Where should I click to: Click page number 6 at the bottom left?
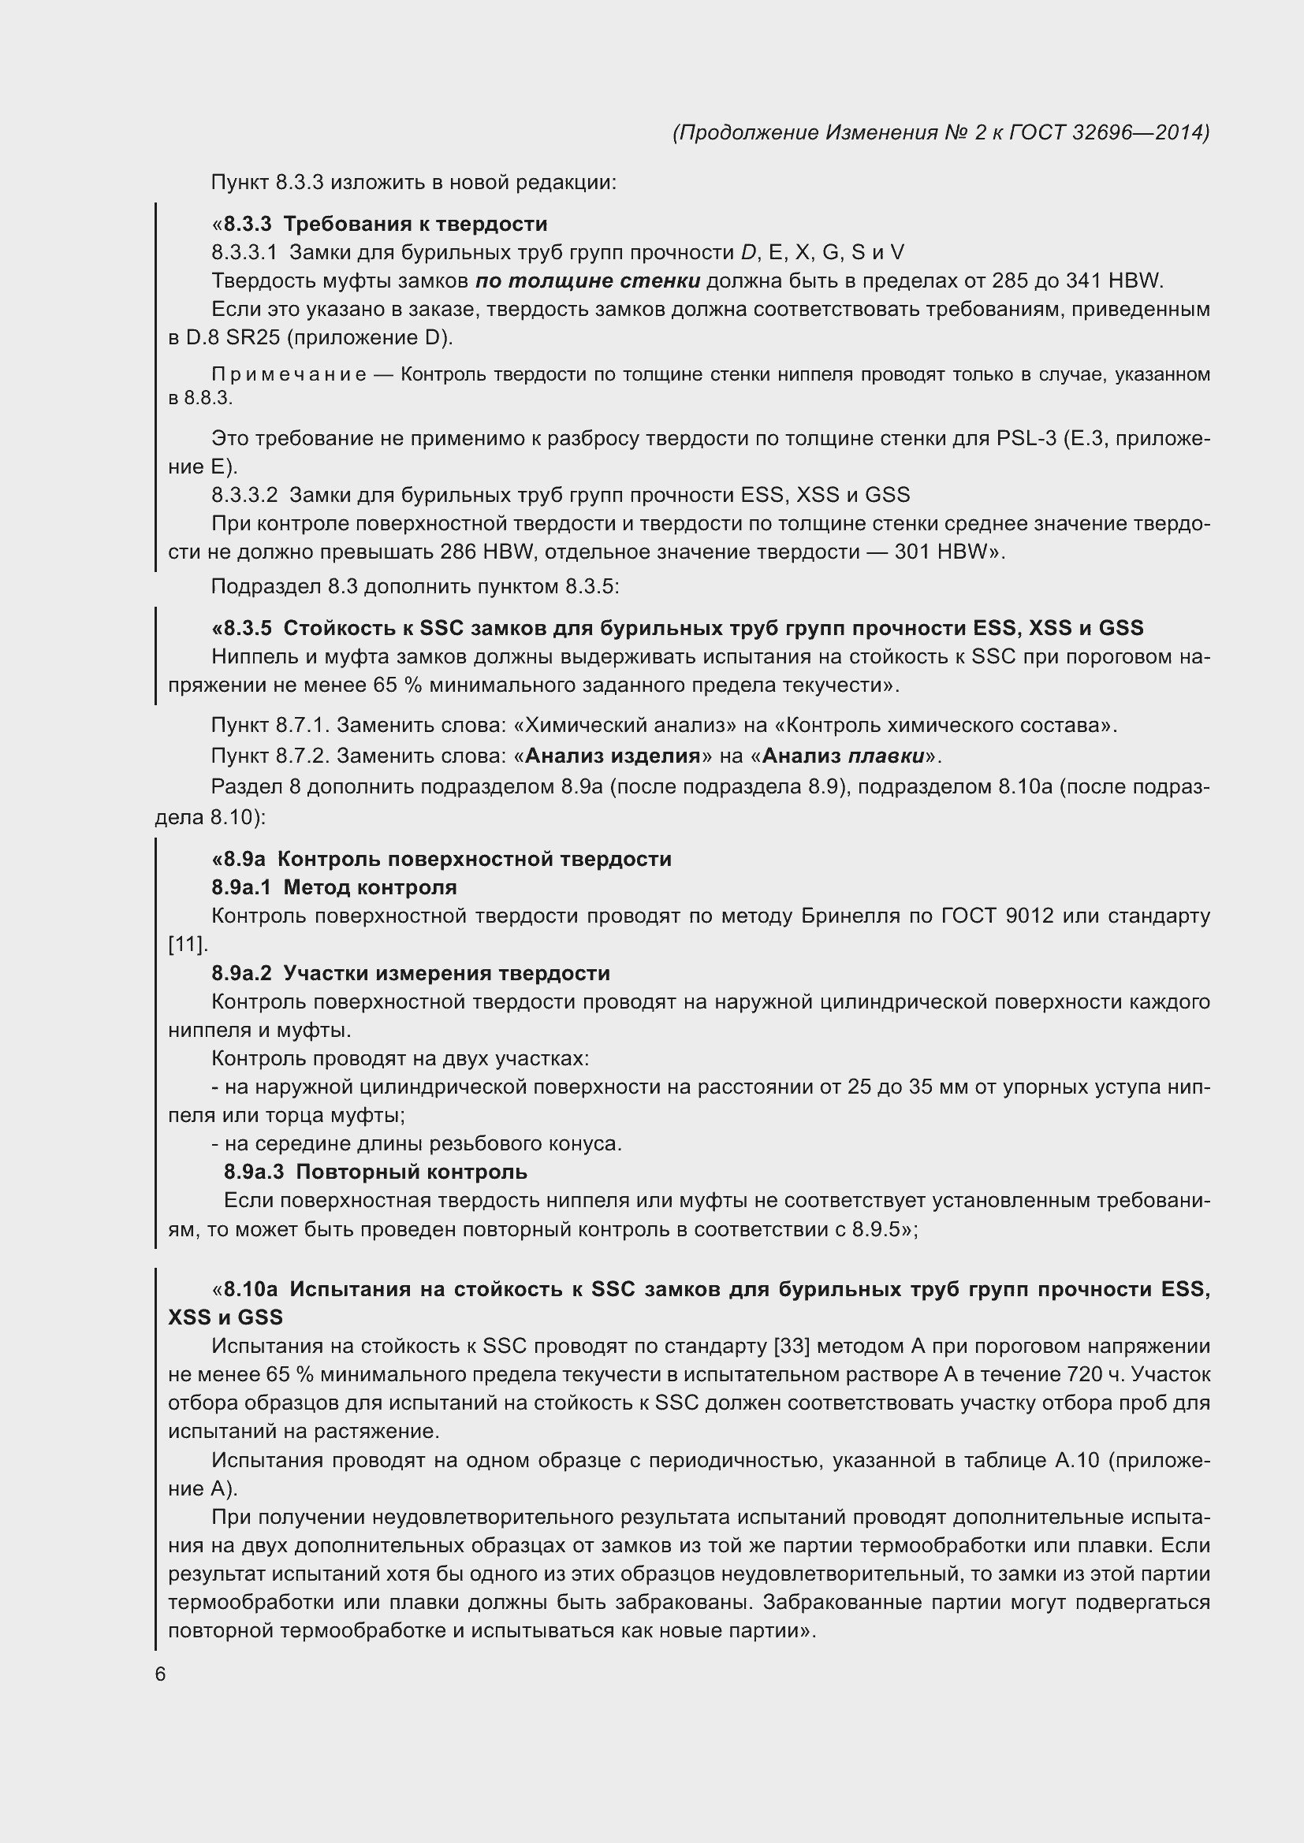pos(161,1674)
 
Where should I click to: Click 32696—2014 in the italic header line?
pos(1139,132)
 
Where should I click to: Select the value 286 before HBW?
pos(459,552)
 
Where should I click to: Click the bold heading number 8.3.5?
pos(248,628)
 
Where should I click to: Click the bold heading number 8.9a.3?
pos(254,1172)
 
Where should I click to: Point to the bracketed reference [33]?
pos(791,1346)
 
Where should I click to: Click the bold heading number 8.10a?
pos(251,1289)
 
